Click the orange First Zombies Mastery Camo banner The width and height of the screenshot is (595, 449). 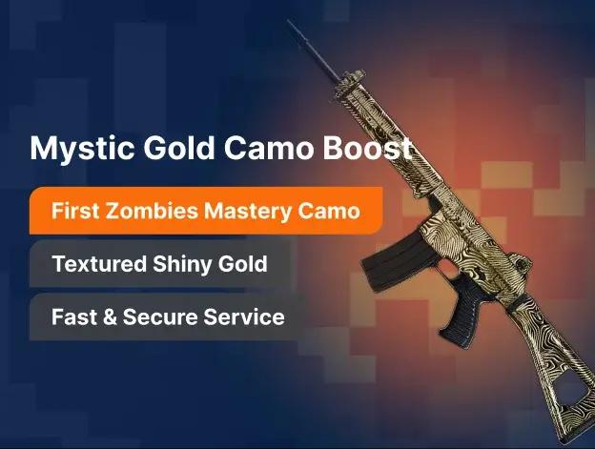205,211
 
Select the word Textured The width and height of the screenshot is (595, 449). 101,264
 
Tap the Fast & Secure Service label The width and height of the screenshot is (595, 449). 168,316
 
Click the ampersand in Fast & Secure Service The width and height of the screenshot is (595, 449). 109,316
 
